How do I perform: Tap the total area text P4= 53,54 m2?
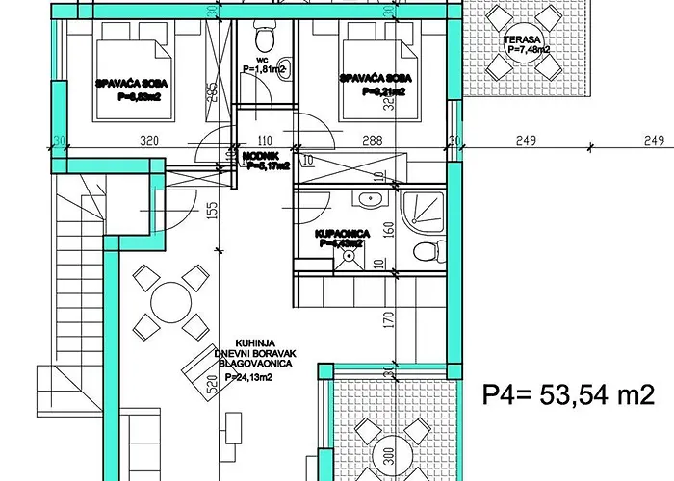point(568,394)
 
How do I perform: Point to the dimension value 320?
point(148,139)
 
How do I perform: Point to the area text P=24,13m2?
point(248,378)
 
